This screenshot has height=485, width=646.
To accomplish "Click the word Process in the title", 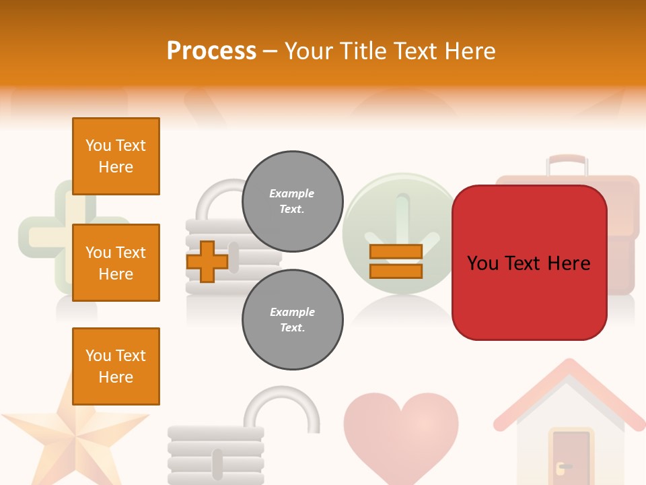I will click(211, 51).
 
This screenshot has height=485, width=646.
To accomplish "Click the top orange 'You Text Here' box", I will click(116, 156).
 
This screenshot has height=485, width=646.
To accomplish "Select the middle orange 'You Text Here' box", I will click(116, 263).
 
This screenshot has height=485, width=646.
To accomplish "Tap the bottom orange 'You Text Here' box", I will click(116, 366).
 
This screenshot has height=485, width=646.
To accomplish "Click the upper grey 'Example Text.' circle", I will click(292, 201).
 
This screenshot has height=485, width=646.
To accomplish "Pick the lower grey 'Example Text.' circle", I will click(292, 320).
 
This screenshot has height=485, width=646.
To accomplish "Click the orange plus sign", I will click(207, 261).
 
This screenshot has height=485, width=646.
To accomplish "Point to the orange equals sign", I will click(396, 261).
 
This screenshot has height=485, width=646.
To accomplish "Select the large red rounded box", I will click(529, 263).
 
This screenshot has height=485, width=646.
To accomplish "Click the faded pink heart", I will click(401, 431).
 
